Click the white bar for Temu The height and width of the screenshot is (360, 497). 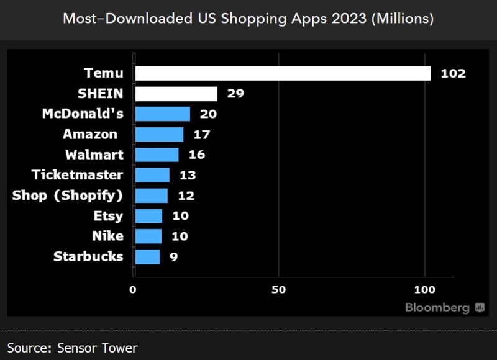pos(283,73)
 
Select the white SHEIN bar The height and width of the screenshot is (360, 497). pos(176,94)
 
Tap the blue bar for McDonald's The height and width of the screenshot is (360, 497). pos(162,114)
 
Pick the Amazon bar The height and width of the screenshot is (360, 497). pos(159,135)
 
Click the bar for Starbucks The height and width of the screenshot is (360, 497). pos(147,257)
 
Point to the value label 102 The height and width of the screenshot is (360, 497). pos(453,73)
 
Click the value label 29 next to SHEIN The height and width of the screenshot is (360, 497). pos(235,94)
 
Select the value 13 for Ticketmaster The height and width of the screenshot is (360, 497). pos(188,176)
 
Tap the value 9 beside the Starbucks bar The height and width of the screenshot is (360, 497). pos(174,257)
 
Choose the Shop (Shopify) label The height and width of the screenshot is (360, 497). pos(68,196)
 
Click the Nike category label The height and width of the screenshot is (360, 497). pos(107,236)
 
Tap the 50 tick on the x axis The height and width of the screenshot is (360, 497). pos(278,289)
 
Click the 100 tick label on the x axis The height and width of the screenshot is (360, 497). pos(425,289)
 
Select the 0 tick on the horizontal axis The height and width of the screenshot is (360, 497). pos(132,289)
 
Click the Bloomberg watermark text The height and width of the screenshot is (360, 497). pos(437,307)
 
